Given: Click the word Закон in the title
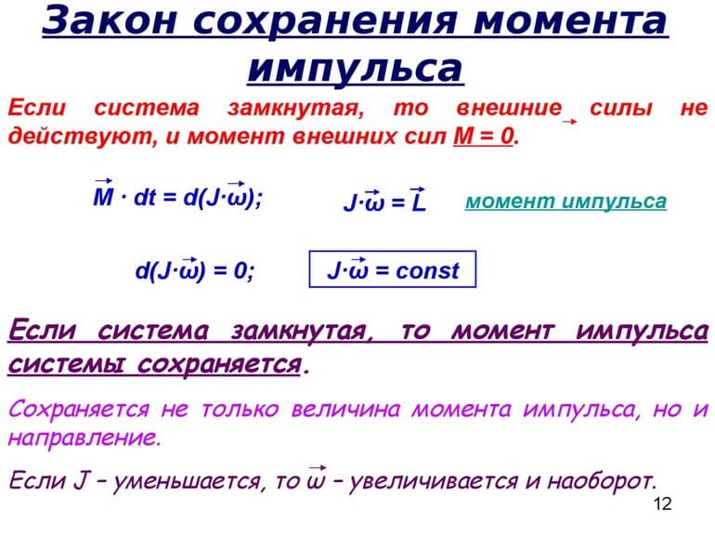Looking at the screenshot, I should coord(98,20).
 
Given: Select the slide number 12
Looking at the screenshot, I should coord(662,504).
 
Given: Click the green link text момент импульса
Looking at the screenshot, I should coord(565,202).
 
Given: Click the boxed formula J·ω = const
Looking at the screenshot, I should coord(392,271).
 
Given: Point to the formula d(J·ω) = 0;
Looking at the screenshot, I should coord(195,271).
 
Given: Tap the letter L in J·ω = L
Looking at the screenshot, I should coord(418,203).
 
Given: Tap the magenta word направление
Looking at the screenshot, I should coord(84,438).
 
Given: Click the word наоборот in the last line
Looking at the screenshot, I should coord(603,480).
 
